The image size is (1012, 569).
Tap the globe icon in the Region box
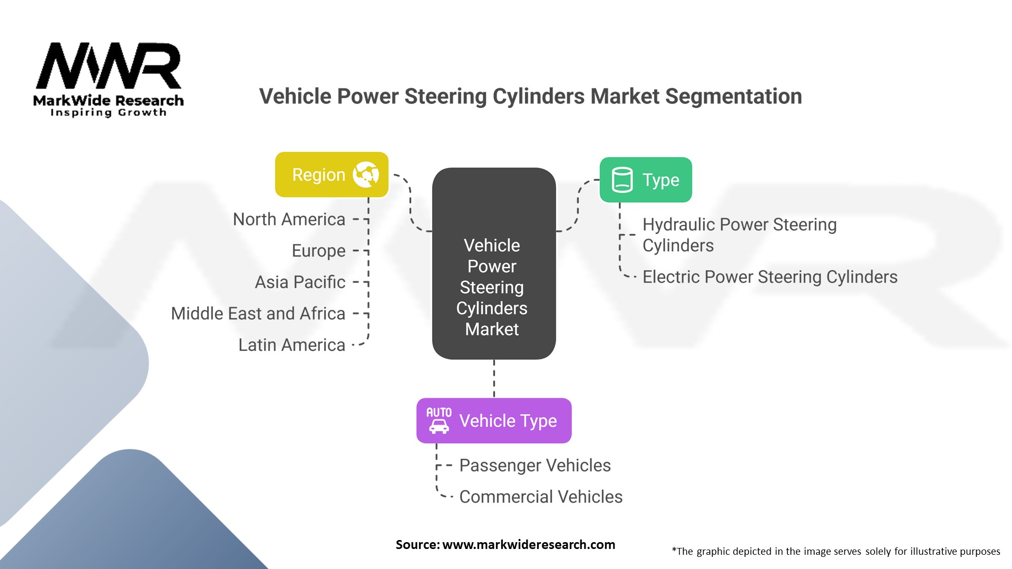click(366, 174)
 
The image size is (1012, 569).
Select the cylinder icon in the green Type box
click(622, 180)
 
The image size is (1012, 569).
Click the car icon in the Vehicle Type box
click(439, 420)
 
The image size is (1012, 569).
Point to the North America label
click(289, 219)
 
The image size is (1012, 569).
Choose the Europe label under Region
click(318, 251)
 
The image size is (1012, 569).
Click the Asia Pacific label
click(300, 282)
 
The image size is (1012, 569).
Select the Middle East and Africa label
click(258, 313)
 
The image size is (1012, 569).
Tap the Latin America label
click(291, 345)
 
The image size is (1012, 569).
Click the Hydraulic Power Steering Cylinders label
click(739, 235)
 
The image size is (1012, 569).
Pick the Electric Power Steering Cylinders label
click(770, 277)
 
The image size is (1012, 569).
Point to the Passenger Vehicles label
click(534, 465)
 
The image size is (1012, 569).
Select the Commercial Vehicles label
click(541, 497)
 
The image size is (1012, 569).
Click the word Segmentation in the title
click(733, 96)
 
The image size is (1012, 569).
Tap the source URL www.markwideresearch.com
click(528, 545)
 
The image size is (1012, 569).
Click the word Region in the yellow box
click(318, 175)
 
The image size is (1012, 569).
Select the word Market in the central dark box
click(492, 329)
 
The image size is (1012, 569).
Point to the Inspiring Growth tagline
click(108, 113)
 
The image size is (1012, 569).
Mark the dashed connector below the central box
click(494, 378)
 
